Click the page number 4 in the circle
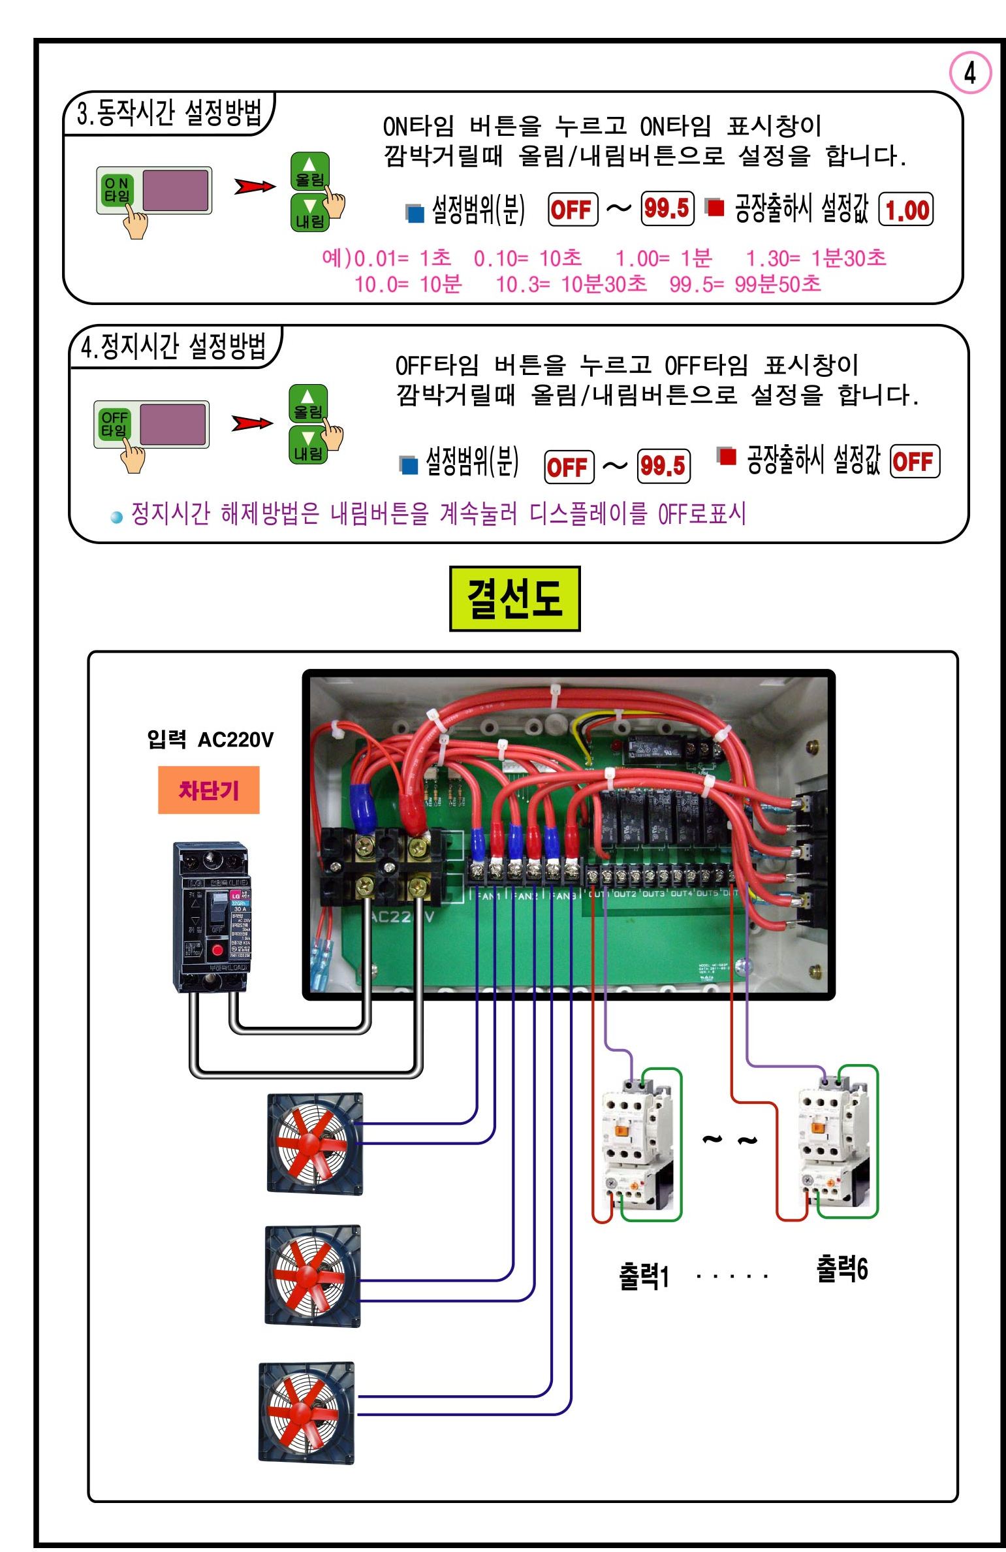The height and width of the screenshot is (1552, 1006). [969, 73]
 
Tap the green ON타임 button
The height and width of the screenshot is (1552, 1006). [117, 189]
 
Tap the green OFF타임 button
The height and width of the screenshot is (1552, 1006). [114, 423]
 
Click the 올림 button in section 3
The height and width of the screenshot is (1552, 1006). [309, 172]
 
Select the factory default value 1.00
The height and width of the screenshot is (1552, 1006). [907, 210]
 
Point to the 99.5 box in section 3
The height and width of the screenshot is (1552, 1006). [667, 209]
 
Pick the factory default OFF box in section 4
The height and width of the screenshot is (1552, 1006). [914, 462]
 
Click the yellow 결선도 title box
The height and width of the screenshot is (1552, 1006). [514, 598]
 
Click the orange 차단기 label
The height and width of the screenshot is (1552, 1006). [208, 790]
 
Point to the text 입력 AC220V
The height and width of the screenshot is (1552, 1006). [210, 740]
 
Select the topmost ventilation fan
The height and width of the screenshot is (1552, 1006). [315, 1144]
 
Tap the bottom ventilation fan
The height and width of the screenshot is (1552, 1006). [307, 1412]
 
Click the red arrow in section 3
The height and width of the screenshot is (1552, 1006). [255, 187]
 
